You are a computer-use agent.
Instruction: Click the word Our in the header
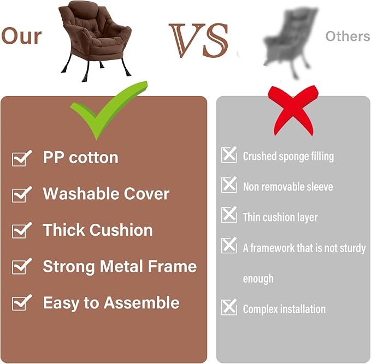point(21,36)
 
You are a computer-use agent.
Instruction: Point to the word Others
point(348,37)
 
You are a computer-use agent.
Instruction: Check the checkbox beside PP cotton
point(22,158)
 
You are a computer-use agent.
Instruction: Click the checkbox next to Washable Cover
point(22,194)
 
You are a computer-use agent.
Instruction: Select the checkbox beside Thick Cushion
point(22,230)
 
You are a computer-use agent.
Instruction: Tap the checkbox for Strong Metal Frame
point(22,266)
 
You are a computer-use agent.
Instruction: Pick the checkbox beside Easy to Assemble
point(22,303)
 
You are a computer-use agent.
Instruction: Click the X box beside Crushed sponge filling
point(229,155)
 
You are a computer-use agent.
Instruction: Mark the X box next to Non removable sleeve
point(229,186)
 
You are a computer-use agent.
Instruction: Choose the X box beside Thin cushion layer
point(229,216)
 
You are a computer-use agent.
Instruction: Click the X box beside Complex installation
point(229,308)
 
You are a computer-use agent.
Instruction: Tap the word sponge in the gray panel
point(291,157)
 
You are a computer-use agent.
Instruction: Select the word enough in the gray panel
point(258,279)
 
